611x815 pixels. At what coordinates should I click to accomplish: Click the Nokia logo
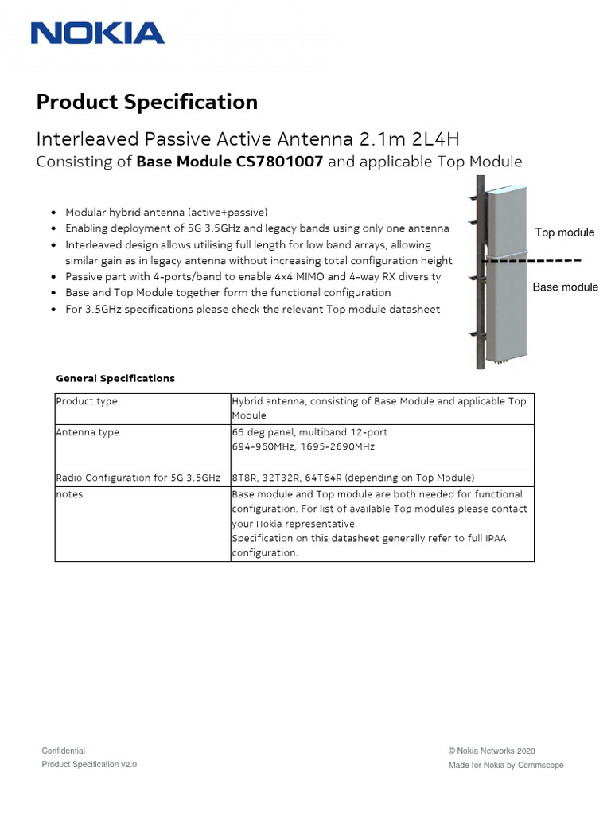coord(97,33)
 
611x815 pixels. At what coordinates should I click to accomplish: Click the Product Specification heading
coord(147,102)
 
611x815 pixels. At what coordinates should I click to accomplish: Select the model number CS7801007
coord(270,162)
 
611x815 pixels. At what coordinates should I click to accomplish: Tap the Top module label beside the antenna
coord(564,232)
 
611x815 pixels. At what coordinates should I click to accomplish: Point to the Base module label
coord(565,287)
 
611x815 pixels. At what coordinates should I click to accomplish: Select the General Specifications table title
coord(115,378)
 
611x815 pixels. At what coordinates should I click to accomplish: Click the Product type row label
coord(86,401)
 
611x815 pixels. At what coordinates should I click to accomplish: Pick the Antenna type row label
coord(88,432)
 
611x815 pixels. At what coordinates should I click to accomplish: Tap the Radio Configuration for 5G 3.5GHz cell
coord(138,478)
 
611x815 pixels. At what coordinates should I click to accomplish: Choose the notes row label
coord(69,494)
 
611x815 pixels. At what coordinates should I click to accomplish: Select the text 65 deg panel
coord(263,432)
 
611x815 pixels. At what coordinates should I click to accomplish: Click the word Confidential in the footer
coord(63,751)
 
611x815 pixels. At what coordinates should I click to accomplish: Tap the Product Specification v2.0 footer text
coord(89,764)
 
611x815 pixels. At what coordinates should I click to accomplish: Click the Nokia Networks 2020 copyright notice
coord(492,751)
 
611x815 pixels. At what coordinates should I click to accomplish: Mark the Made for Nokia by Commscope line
coord(505,765)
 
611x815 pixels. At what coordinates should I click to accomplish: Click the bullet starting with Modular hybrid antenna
coord(166,213)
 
